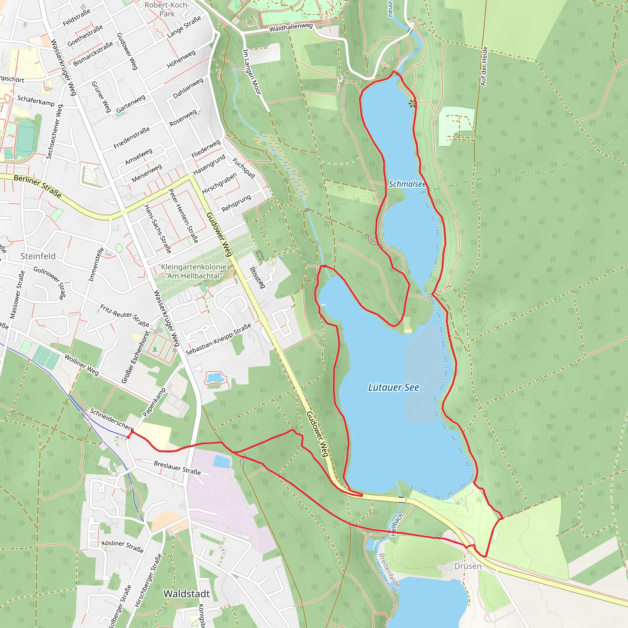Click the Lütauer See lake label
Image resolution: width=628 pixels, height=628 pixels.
click(x=393, y=388)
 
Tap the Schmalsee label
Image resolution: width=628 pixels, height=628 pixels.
click(x=407, y=184)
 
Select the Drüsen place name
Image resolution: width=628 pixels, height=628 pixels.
click(x=467, y=566)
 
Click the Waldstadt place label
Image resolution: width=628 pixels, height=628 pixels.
click(x=186, y=594)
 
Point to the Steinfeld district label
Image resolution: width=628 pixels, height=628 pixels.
click(x=38, y=256)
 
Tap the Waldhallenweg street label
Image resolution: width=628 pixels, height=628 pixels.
click(x=291, y=27)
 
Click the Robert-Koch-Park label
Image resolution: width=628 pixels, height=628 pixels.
click(x=167, y=9)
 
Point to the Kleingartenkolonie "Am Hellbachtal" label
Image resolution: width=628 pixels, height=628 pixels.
click(x=194, y=271)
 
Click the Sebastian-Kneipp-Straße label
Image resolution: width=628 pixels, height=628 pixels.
click(x=218, y=339)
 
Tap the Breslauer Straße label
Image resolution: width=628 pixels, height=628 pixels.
click(x=177, y=468)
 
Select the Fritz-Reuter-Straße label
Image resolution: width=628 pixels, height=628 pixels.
click(x=124, y=316)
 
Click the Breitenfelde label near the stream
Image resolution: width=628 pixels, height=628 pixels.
click(x=389, y=571)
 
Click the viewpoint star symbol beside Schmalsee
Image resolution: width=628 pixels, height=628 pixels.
click(x=412, y=104)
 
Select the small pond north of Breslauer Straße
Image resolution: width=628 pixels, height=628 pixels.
click(x=215, y=378)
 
